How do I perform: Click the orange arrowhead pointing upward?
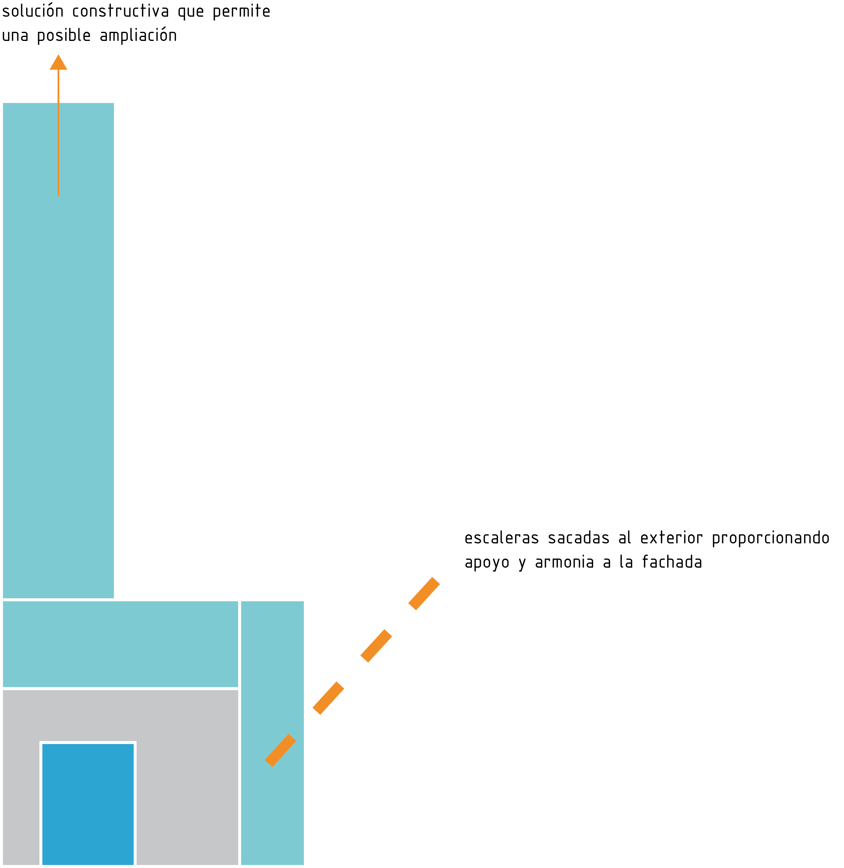pyautogui.click(x=58, y=63)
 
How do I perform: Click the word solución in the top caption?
pyautogui.click(x=33, y=12)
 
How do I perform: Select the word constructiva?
pyautogui.click(x=121, y=12)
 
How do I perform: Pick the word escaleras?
pyautogui.click(x=501, y=538)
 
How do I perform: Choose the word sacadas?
pyautogui.click(x=579, y=538)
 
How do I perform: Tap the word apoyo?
pyautogui.click(x=487, y=563)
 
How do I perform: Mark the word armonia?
pyautogui.click(x=564, y=563)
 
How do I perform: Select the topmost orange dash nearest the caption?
pyautogui.click(x=424, y=593)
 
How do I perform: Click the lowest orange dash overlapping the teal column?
pyautogui.click(x=280, y=750)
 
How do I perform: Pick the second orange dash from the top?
pyautogui.click(x=376, y=646)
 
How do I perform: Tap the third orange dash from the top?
pyautogui.click(x=328, y=698)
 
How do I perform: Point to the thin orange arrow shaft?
pyautogui.click(x=58, y=133)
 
